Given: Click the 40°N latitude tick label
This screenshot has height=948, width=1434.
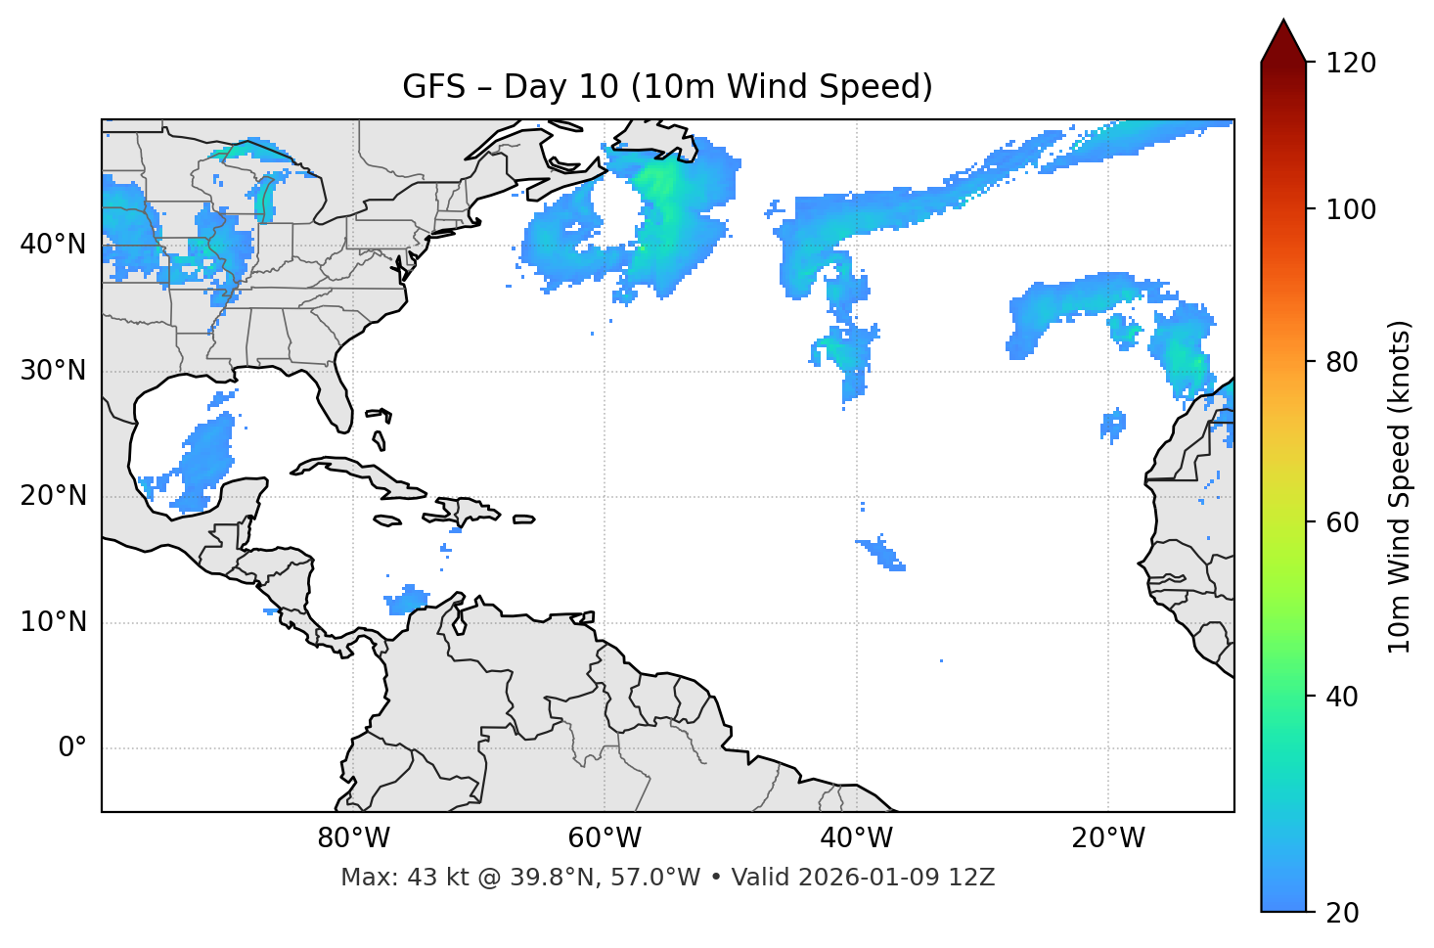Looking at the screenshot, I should [53, 245].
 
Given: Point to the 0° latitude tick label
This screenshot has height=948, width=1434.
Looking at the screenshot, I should [71, 748].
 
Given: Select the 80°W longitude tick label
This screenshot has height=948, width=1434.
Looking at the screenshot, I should [353, 838].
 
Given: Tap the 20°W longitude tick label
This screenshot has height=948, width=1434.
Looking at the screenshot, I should [1108, 838].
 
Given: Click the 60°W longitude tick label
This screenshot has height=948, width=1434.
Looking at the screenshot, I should [605, 838].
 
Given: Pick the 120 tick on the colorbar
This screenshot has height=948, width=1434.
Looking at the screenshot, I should [1351, 64].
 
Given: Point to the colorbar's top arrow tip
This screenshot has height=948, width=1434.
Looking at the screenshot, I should [1283, 20].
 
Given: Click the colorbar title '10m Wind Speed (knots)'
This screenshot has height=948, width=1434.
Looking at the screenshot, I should [1400, 487].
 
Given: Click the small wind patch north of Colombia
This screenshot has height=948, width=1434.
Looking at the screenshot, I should [407, 599].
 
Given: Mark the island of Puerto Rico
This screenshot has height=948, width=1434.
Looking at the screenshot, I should [523, 519].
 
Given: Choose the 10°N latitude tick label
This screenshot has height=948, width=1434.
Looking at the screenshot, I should [53, 622].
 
